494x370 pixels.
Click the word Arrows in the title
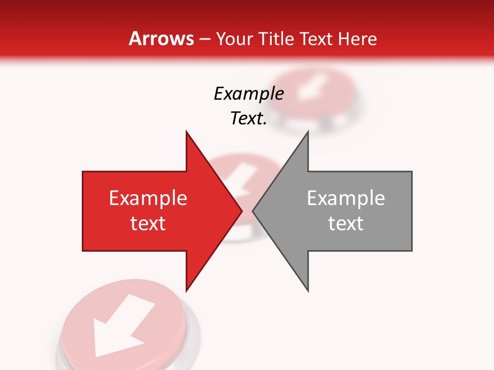click(x=162, y=39)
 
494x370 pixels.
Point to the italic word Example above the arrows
click(x=249, y=94)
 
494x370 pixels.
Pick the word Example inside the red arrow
click(x=148, y=198)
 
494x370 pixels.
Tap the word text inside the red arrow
click(x=148, y=223)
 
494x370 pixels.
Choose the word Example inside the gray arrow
click(x=346, y=198)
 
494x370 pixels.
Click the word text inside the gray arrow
click(x=346, y=223)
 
